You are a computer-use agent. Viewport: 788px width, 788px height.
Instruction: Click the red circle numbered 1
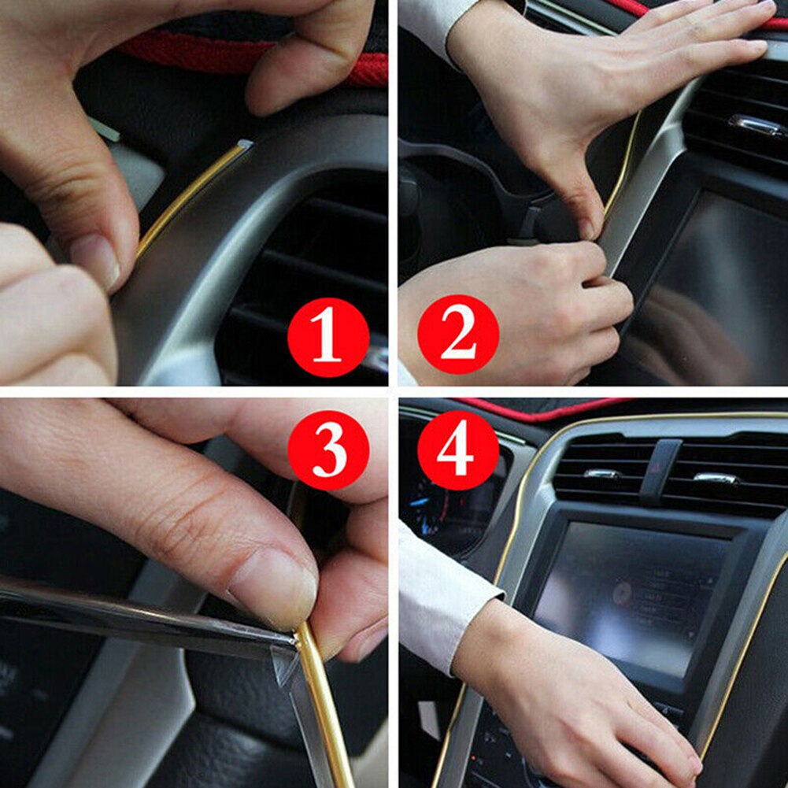click(327, 338)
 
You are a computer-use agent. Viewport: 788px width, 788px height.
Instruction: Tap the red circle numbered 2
click(458, 335)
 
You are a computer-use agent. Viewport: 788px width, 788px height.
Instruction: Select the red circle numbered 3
click(327, 449)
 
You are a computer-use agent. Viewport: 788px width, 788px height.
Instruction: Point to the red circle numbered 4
click(458, 449)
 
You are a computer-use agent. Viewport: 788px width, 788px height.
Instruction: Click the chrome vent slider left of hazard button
click(603, 475)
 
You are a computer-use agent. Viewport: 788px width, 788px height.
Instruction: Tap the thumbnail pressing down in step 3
click(272, 586)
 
